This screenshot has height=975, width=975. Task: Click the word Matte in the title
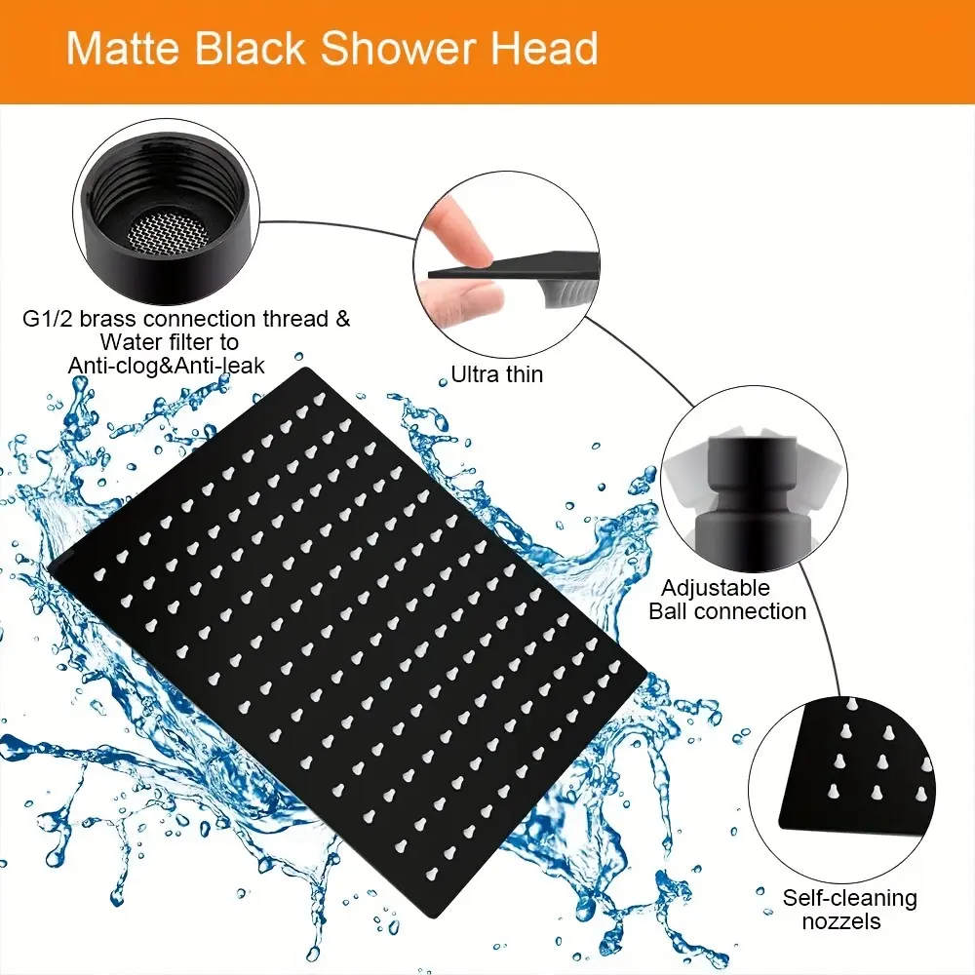point(124,48)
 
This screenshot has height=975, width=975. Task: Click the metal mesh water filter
point(168,234)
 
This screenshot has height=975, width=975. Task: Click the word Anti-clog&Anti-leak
point(166,365)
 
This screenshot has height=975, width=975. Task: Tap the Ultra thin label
point(497,374)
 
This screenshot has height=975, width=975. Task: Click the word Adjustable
point(715,588)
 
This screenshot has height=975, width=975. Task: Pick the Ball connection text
point(727,611)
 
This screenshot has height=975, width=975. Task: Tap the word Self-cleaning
point(849,898)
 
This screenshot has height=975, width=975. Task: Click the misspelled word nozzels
point(841,921)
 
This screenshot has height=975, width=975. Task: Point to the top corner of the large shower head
point(305,369)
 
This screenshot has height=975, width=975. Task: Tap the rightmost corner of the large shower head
point(646,672)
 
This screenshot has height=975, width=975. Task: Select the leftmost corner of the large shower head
point(49,567)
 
